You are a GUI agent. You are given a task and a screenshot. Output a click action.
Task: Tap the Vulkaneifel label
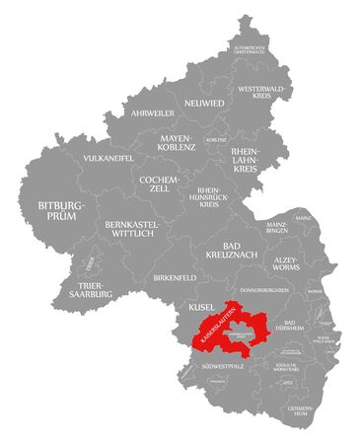(108, 158)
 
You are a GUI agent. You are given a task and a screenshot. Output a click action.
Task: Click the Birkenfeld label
(175, 278)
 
